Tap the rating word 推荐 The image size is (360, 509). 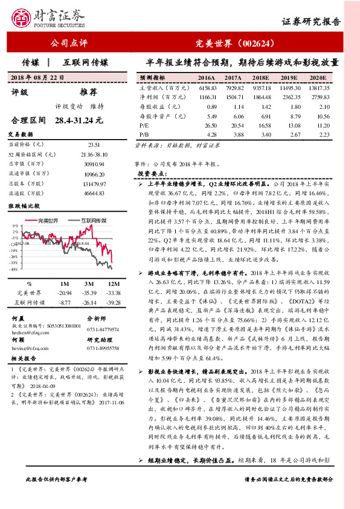tap(88, 92)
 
